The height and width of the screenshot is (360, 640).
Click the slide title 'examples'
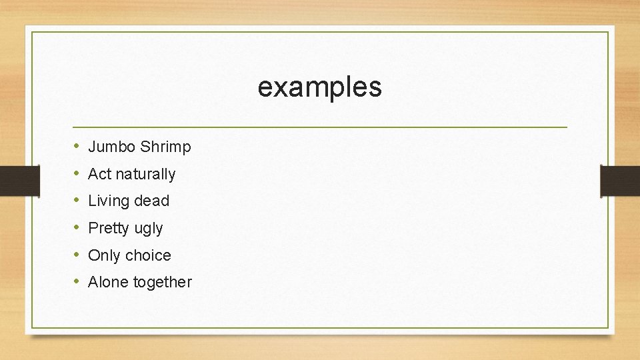(x=319, y=87)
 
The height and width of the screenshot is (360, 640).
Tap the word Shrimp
(x=165, y=147)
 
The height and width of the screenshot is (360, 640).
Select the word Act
(x=99, y=174)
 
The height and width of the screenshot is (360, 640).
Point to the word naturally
(x=145, y=175)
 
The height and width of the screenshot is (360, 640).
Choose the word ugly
(x=148, y=229)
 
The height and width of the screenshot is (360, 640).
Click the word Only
(x=104, y=255)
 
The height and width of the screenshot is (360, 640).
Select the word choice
(x=148, y=255)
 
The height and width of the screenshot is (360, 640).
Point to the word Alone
(x=109, y=282)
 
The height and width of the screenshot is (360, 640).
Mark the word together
(x=162, y=283)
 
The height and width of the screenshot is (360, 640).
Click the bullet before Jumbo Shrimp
(x=77, y=146)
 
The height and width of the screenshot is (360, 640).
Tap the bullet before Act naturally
(x=77, y=173)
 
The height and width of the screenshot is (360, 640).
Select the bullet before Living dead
(x=77, y=201)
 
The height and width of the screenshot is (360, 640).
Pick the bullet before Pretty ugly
(x=77, y=227)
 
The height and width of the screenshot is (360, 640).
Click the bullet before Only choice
(x=77, y=255)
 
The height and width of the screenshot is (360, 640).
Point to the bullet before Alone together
(x=77, y=282)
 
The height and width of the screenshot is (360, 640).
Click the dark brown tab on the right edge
(x=620, y=181)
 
